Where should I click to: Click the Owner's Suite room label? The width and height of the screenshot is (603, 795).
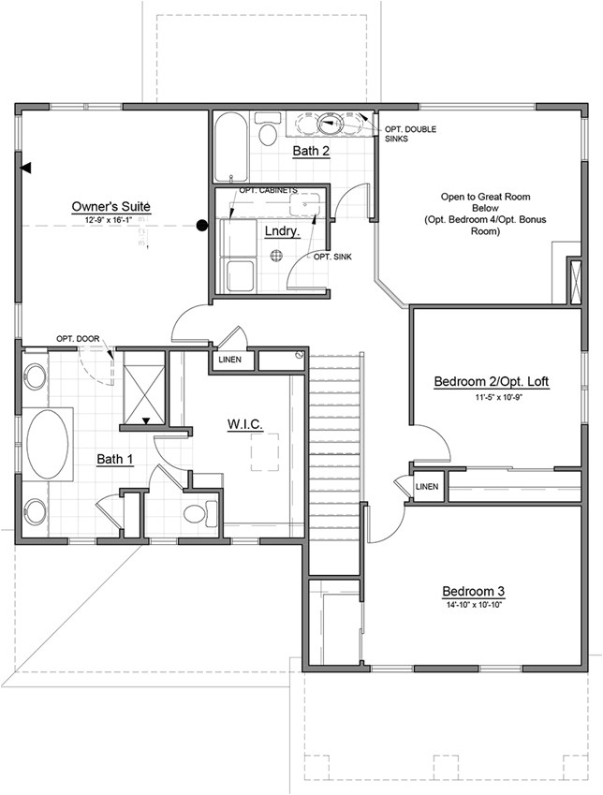point(111,206)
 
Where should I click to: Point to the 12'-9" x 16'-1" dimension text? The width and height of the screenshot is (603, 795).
point(111,218)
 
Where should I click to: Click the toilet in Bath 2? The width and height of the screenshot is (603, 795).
point(268,133)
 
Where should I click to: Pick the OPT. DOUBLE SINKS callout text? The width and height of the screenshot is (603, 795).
point(409,132)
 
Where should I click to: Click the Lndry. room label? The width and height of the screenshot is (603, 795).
point(281,231)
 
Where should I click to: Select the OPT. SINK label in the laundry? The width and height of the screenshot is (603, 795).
point(332,257)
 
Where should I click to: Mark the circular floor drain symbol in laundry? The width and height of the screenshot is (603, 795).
point(276,255)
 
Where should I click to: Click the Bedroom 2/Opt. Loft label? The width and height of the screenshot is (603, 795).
point(492,382)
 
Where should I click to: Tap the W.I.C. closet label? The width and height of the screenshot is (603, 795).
point(244,424)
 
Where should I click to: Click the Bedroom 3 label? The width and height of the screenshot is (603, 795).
point(474,591)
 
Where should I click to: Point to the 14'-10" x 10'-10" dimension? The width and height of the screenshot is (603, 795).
point(474,604)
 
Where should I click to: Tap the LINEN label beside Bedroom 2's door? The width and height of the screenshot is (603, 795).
point(426,487)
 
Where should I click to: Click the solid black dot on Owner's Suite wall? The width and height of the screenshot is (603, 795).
point(201,225)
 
